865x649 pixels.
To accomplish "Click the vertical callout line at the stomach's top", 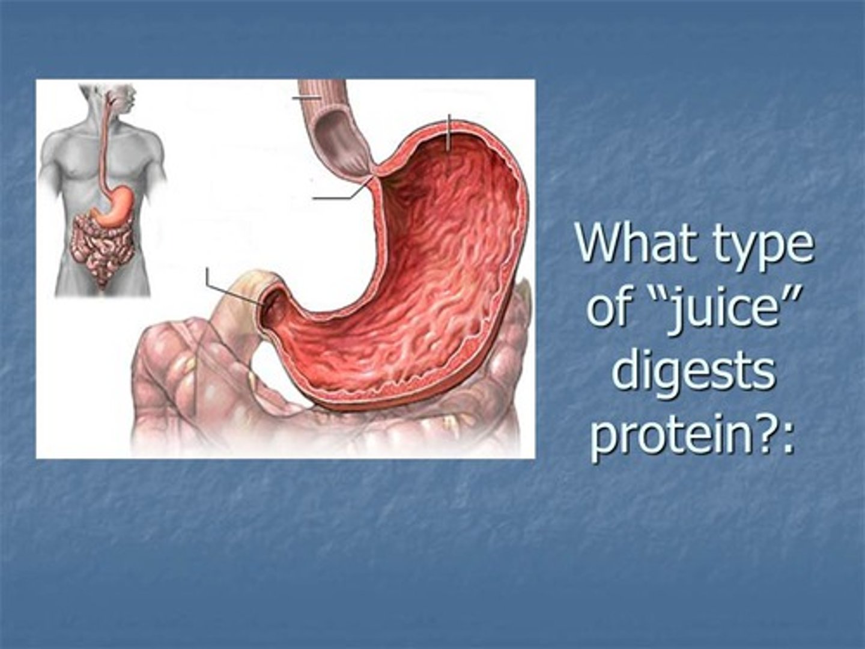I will pos(448,132).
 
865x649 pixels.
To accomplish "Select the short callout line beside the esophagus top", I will pos(306,96).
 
